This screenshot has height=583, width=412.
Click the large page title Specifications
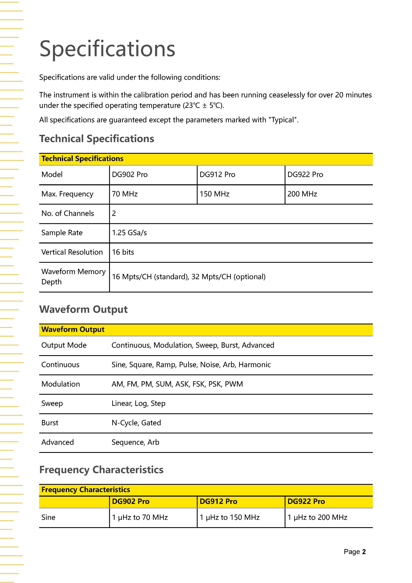107,49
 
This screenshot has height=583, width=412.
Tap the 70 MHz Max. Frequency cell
125,194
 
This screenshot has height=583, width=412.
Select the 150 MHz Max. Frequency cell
214,194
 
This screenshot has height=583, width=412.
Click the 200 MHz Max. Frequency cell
302,194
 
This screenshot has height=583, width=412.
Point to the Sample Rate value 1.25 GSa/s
129,233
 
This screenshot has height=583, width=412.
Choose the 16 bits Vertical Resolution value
123,252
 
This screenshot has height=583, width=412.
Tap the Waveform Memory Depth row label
73,277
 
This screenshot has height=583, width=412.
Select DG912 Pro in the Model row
217,175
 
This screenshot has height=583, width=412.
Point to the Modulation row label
61,384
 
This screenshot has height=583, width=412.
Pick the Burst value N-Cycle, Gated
136,423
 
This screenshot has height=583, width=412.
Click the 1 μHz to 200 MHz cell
317,517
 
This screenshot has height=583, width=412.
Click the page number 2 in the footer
364,552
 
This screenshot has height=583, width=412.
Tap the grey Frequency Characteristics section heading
101,470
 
